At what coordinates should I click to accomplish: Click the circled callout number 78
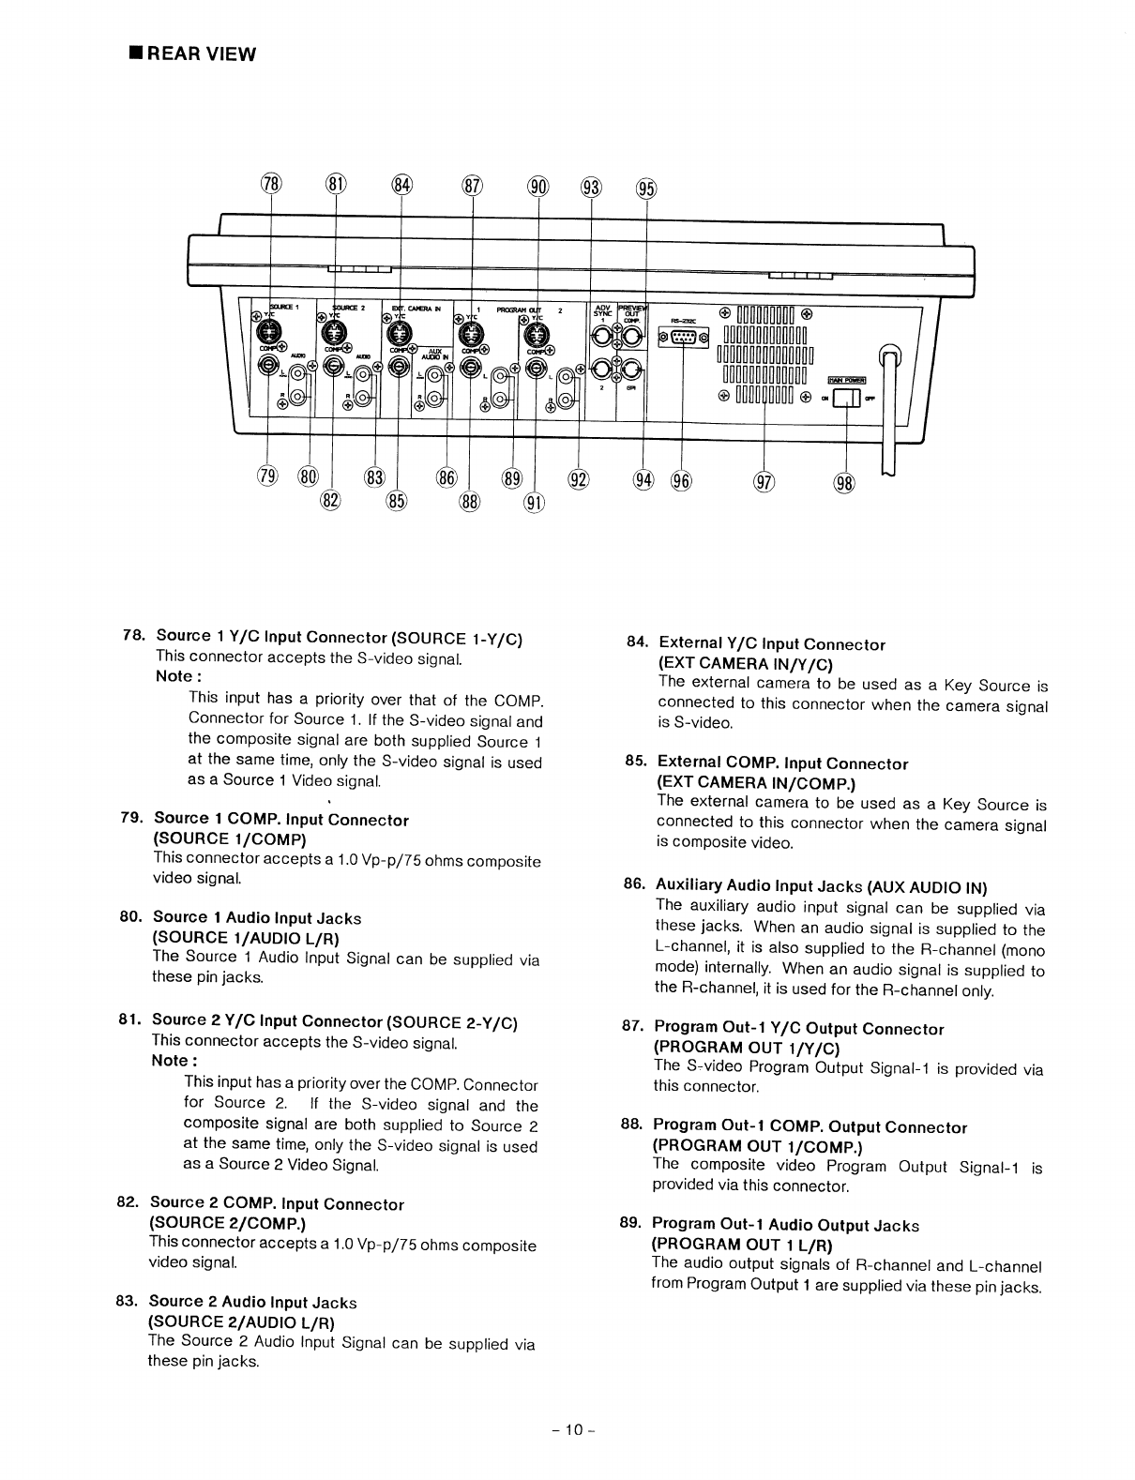click(270, 184)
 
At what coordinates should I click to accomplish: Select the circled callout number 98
click(844, 484)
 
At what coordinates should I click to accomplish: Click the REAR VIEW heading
click(192, 53)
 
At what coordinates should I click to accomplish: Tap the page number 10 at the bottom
click(567, 1429)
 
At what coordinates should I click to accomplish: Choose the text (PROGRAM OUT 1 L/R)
click(742, 1245)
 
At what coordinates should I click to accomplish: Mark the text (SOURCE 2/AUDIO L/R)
click(242, 1321)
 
